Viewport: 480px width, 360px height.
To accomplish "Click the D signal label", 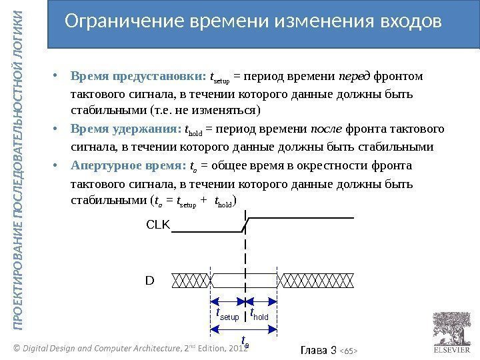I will tap(149, 280).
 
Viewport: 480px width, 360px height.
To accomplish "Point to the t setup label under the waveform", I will tap(228, 313).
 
